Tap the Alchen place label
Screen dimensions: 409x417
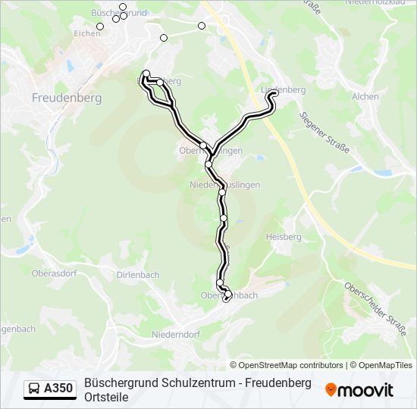(x=365, y=97)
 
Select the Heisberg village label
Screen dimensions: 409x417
(x=284, y=237)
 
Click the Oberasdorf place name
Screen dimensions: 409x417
(x=55, y=273)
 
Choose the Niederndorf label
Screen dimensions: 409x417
(x=176, y=334)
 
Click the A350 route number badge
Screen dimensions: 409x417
(x=58, y=389)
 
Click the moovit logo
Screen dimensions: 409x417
(x=359, y=390)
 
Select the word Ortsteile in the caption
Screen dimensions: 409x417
(x=106, y=397)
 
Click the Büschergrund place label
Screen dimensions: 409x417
(x=118, y=14)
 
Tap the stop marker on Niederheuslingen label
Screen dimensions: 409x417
(x=222, y=192)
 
